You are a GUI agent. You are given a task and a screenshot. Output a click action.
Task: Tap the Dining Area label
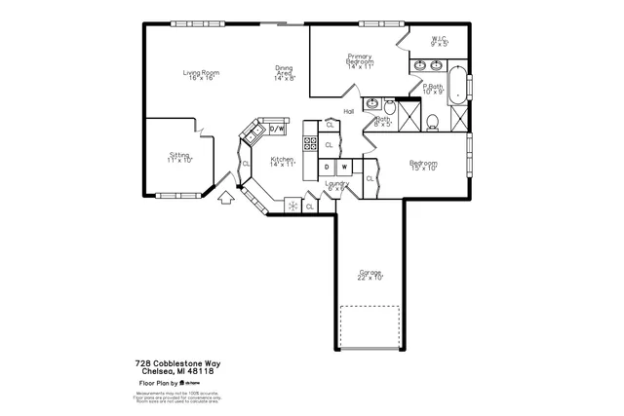coord(284,71)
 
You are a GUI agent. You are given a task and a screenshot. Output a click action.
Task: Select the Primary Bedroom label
coord(360,61)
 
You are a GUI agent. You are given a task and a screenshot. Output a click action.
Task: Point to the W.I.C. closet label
coord(439,41)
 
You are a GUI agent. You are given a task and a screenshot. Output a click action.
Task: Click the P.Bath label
coord(434,89)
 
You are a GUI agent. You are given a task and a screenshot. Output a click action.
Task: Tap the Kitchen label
coord(283,162)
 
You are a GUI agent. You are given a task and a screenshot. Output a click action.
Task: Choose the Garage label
coord(370,274)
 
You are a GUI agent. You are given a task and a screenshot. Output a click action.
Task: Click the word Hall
coord(348,111)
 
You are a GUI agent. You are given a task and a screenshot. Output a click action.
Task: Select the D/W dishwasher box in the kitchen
coord(276,129)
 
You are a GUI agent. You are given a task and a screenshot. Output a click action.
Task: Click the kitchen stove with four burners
coord(310,144)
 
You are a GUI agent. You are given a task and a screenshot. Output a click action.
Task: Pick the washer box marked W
coord(344,167)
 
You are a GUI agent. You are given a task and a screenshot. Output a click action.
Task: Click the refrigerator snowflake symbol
coord(291,206)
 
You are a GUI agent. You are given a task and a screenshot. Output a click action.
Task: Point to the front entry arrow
coord(226,199)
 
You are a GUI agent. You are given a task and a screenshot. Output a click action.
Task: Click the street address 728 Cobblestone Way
coord(177,362)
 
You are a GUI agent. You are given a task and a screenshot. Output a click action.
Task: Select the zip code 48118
coord(201,371)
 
